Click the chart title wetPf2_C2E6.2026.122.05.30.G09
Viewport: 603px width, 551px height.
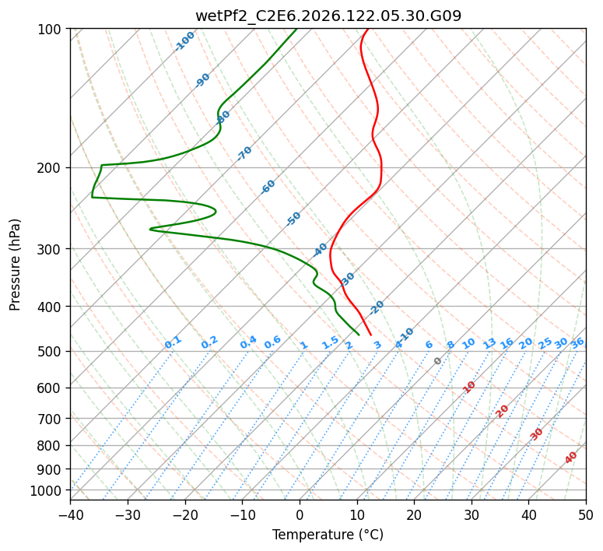coord(328,16)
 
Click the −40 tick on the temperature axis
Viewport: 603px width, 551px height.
coord(70,515)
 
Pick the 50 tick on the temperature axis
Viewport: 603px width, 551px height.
coord(586,515)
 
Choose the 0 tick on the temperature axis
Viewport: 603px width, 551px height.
coord(300,515)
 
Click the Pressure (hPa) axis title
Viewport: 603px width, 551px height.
coord(15,265)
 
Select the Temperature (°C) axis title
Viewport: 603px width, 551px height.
coord(328,535)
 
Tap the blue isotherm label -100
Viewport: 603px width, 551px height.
coord(184,41)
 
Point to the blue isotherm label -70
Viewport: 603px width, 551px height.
coord(244,153)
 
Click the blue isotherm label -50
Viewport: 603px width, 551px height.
coord(293,219)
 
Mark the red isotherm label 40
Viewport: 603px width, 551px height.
coord(571,458)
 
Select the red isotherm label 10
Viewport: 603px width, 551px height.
coord(469,387)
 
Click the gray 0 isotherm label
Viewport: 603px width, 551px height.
coord(437,361)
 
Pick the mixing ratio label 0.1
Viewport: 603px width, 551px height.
coord(173,342)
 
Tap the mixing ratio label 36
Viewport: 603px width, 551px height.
coord(577,343)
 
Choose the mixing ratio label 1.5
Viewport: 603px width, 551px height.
coord(331,343)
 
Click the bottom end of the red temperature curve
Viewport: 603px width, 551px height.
coord(370,335)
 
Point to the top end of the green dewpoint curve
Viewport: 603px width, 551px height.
coord(296,29)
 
